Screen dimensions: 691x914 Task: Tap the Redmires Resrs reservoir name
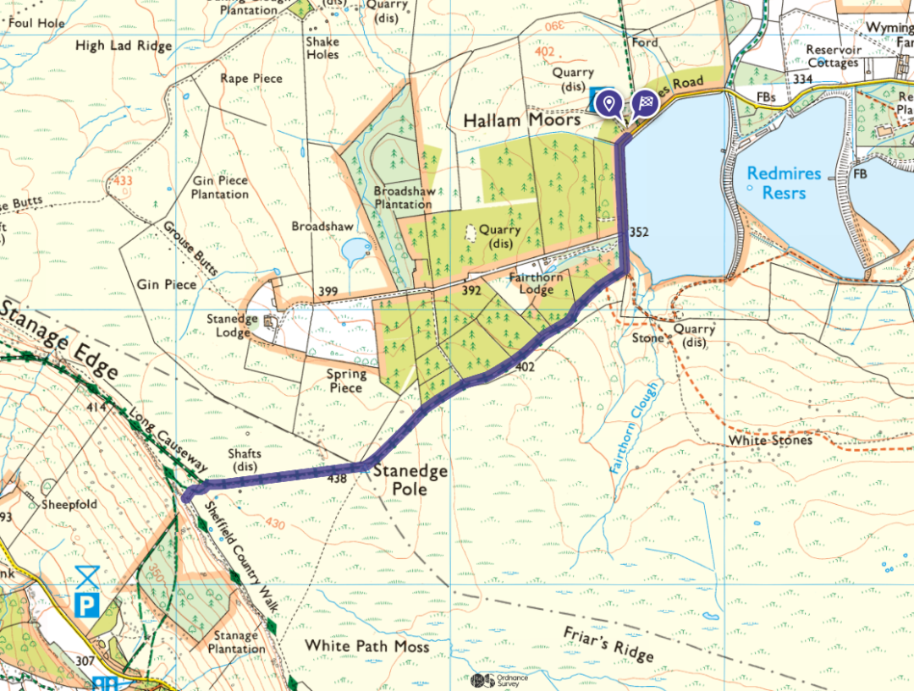[x=784, y=183]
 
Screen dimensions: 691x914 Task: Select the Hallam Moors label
[x=522, y=121]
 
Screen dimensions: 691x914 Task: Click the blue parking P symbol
[x=87, y=604]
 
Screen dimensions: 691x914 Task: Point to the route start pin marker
[x=607, y=104]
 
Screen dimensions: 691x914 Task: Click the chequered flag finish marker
[x=644, y=103]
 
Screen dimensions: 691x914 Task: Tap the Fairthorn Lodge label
[x=537, y=283]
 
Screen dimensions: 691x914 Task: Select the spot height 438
[x=338, y=479]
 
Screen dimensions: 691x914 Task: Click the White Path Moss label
[x=366, y=645]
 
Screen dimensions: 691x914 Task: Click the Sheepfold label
[x=69, y=504]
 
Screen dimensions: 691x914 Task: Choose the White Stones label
[x=769, y=440]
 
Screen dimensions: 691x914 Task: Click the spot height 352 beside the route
[x=639, y=233]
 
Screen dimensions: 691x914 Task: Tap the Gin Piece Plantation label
[x=220, y=187]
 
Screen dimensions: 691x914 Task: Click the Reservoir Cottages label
[x=834, y=56]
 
